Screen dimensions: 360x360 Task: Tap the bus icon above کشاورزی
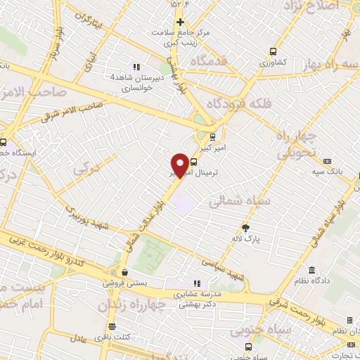[x=274, y=51]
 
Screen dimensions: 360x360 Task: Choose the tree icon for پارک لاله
[x=245, y=227]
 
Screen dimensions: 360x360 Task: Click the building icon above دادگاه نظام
[x=311, y=271]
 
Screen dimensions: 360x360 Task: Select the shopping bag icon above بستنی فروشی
[x=124, y=273]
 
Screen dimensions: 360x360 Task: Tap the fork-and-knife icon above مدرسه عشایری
[x=197, y=283]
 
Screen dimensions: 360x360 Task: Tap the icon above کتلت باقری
[x=113, y=327]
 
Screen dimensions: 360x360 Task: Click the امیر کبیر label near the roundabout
[x=210, y=148]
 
